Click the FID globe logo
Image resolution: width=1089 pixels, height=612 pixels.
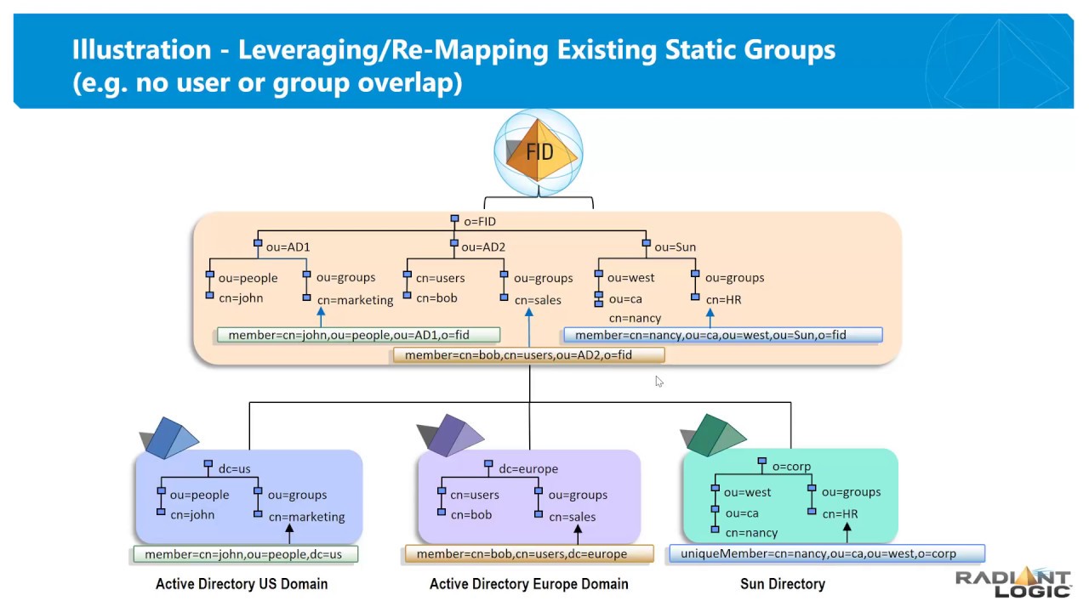[539, 152]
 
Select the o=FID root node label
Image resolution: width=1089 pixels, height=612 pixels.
[479, 222]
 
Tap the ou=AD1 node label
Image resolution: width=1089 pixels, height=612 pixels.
[288, 247]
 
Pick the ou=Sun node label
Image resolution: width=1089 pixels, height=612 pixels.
[675, 247]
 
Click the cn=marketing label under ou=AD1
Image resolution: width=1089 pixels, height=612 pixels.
[355, 300]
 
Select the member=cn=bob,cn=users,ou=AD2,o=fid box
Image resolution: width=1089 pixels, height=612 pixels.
[528, 355]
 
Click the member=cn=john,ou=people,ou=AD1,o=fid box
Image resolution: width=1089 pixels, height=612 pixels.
[358, 335]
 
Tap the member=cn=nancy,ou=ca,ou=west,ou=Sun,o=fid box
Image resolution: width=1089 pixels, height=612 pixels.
[722, 335]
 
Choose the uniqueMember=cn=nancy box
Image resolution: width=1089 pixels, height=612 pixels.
[826, 554]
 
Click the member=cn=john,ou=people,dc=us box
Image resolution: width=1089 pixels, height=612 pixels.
[245, 554]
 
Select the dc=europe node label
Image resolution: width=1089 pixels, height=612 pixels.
[527, 469]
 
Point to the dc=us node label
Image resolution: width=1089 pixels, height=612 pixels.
[234, 469]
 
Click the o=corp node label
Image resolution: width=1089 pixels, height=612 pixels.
[791, 467]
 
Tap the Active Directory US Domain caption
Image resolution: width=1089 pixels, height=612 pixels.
[242, 584]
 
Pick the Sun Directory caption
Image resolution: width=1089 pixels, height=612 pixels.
[782, 584]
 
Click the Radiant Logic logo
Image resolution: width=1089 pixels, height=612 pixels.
[1012, 582]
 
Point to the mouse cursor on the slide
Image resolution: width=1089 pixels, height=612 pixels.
[659, 382]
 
